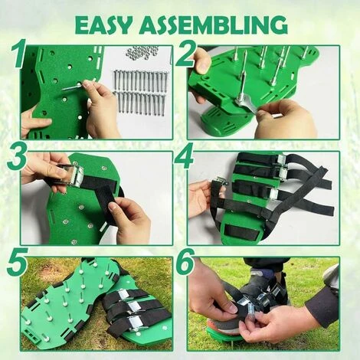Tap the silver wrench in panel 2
(247, 103)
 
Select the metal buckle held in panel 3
(72, 173)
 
